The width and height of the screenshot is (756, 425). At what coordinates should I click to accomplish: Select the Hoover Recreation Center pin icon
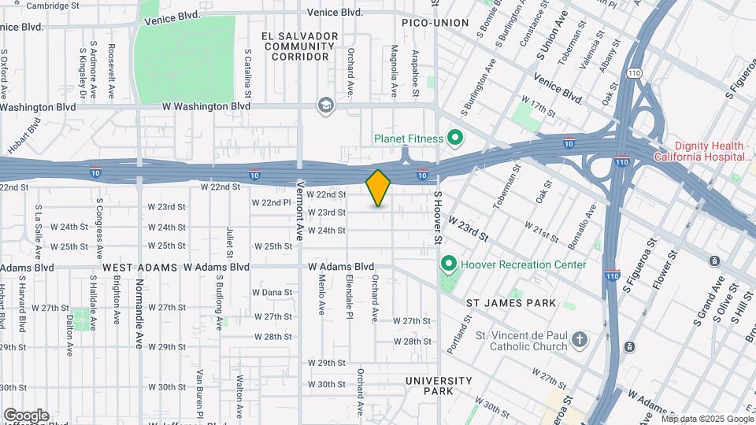click(x=449, y=264)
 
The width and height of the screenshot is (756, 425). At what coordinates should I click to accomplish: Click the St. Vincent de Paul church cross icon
click(x=580, y=340)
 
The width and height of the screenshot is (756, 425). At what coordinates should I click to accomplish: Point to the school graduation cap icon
click(x=324, y=105)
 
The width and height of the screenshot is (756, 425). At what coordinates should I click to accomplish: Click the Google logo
click(x=26, y=415)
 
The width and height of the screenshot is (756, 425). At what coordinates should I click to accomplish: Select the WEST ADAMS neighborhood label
click(x=139, y=268)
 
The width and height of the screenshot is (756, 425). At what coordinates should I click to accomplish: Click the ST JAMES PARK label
click(x=511, y=303)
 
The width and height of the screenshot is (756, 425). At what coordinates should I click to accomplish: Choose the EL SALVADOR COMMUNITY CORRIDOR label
click(x=301, y=46)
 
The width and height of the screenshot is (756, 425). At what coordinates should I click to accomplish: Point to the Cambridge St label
click(x=52, y=6)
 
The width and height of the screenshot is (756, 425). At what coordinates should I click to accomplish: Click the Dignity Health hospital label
click(x=713, y=152)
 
